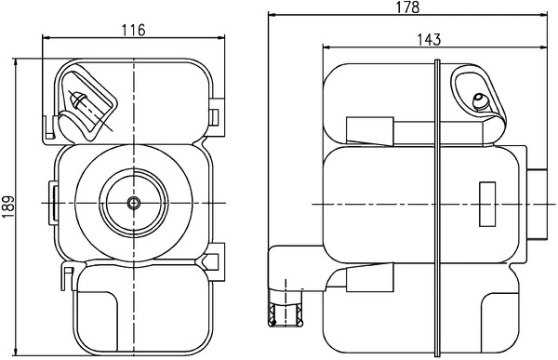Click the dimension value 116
click(x=134, y=30)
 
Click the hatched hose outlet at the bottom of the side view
click(x=285, y=316)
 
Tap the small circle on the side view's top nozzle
click(x=480, y=100)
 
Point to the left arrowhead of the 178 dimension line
click(x=272, y=16)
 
